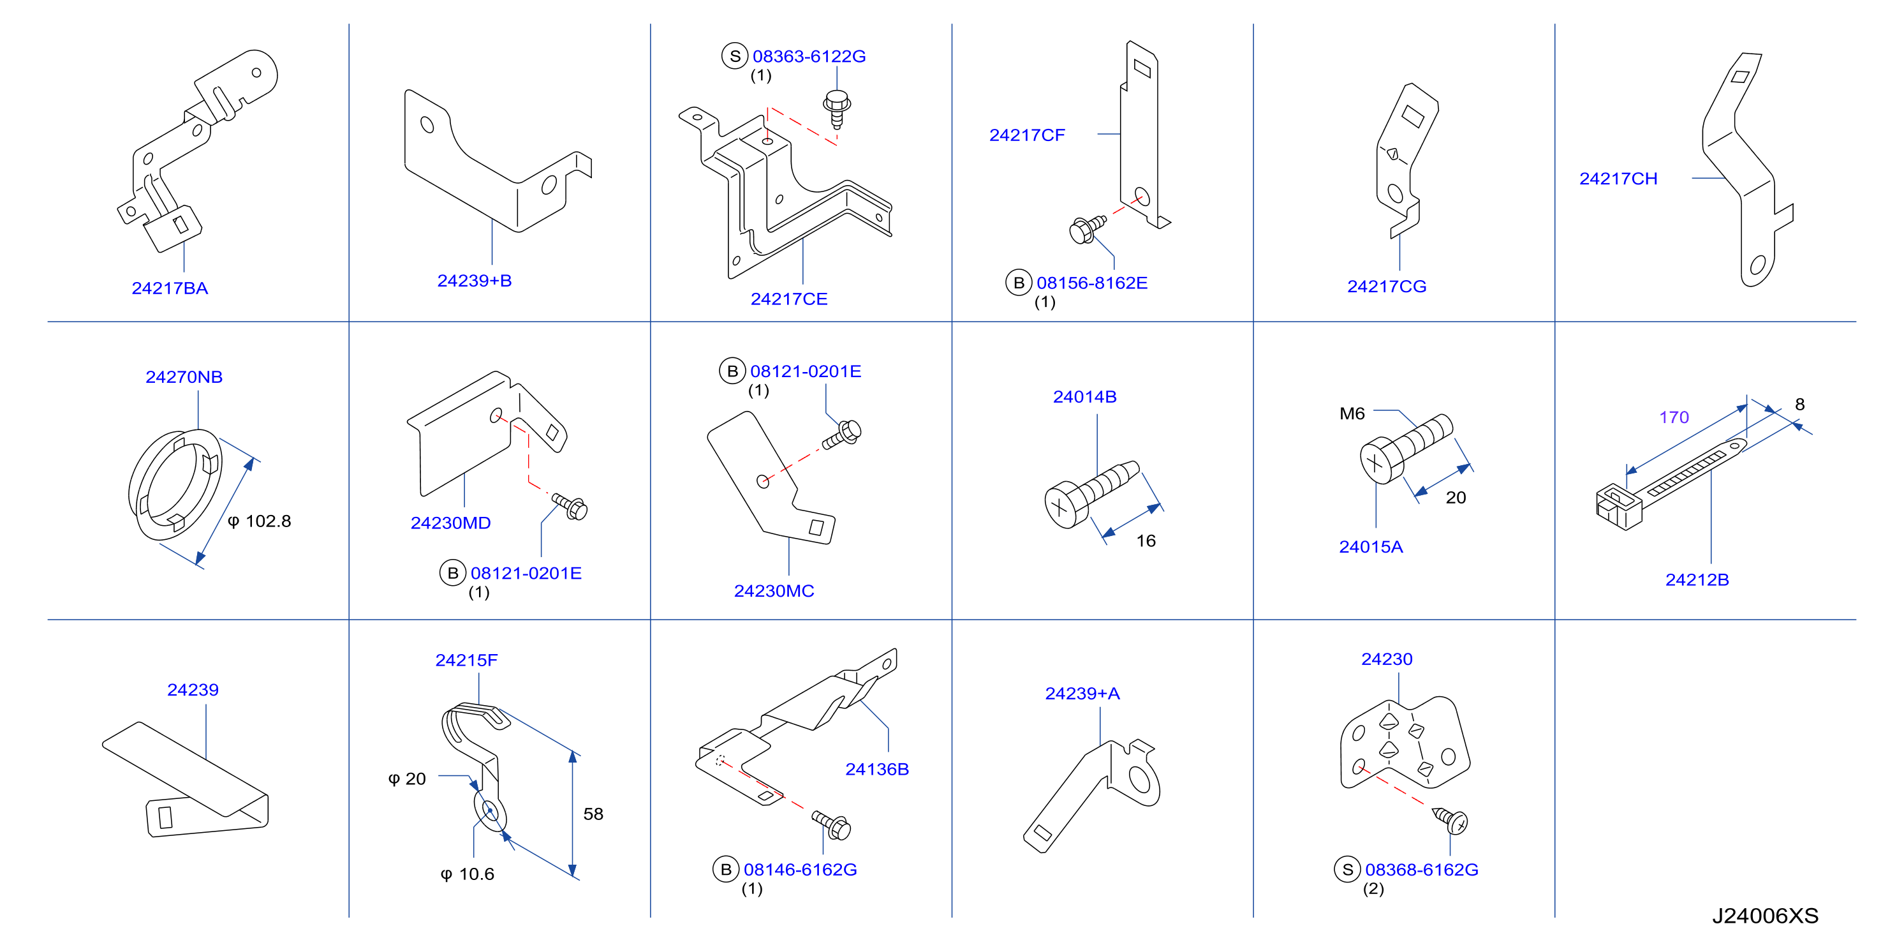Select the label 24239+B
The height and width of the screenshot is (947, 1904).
click(x=475, y=281)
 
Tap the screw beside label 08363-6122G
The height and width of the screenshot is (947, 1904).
click(x=837, y=109)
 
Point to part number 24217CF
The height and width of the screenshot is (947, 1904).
click(x=1027, y=135)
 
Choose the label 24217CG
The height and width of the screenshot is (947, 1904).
click(x=1387, y=287)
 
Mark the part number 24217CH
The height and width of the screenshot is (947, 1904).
click(x=1618, y=179)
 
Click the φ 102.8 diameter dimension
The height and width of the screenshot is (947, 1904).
click(x=260, y=521)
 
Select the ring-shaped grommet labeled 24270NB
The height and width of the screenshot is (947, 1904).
click(x=176, y=485)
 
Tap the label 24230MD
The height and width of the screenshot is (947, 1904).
click(x=451, y=523)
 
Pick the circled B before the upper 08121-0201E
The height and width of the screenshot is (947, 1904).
click(x=732, y=371)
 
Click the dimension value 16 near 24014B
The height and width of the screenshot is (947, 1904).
click(x=1146, y=541)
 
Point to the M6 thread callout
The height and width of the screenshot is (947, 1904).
click(x=1352, y=414)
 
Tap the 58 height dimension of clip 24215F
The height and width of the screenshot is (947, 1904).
click(x=593, y=814)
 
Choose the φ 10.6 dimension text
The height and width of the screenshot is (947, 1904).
click(x=467, y=874)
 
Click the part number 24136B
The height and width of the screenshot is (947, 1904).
click(x=876, y=770)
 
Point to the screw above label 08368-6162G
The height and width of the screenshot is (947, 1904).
click(x=1450, y=820)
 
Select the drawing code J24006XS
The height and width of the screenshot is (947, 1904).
click(x=1765, y=916)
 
